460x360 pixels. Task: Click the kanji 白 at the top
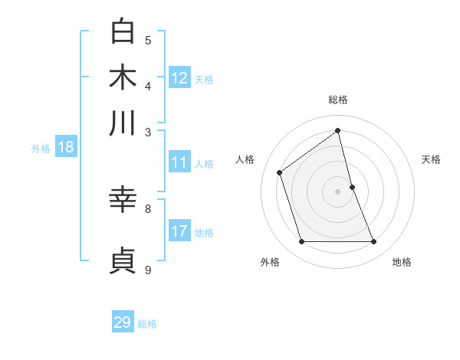pos(123,33)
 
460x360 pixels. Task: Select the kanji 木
pos(123,77)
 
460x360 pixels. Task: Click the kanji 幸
pos(123,200)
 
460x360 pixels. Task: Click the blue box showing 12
pos(179,78)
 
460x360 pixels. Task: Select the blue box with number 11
pos(179,162)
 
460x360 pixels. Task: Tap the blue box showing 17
pos(179,231)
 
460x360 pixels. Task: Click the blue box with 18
pos(66,148)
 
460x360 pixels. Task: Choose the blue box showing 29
pos(123,322)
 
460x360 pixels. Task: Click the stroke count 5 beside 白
pos(148,41)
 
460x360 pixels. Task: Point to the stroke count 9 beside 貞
pos(148,270)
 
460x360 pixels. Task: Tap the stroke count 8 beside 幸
pos(148,208)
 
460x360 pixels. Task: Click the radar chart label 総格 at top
pos(338,100)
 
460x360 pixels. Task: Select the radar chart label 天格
pos(431,159)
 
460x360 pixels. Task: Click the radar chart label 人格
pos(245,159)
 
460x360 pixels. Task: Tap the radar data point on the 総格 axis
pos(338,131)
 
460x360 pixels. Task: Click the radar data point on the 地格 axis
pos(374,242)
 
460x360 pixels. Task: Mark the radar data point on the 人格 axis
pos(280,172)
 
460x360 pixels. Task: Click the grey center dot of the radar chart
pos(338,191)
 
